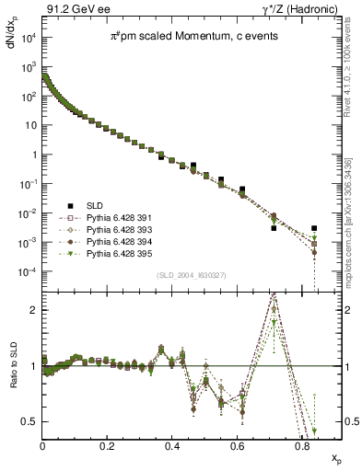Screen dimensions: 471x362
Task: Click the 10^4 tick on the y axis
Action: [x=29, y=38]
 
